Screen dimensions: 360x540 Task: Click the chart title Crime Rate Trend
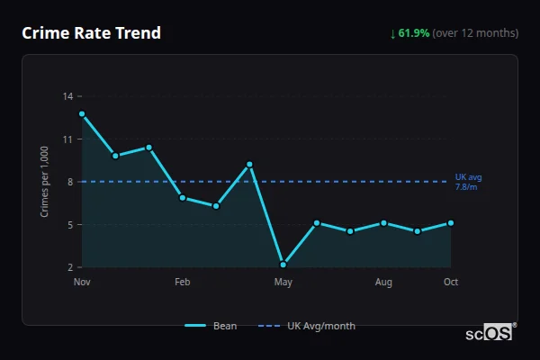(91, 33)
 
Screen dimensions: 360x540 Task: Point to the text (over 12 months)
(475, 33)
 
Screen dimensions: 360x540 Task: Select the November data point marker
(82, 114)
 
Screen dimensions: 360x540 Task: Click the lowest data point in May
(283, 265)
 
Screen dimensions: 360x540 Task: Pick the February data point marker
(183, 198)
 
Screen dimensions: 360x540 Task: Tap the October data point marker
(451, 222)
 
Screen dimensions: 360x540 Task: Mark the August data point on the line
(383, 222)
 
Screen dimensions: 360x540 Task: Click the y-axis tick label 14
(69, 96)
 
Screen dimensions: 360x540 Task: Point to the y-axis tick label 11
(69, 139)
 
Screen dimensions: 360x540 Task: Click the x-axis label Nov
(82, 283)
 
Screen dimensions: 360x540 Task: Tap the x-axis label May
(283, 283)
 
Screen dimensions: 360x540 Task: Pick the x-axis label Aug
(383, 283)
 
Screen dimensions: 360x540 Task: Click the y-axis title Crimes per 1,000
(45, 182)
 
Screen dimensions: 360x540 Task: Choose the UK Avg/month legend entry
(307, 326)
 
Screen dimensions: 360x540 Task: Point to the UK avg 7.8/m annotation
(467, 182)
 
